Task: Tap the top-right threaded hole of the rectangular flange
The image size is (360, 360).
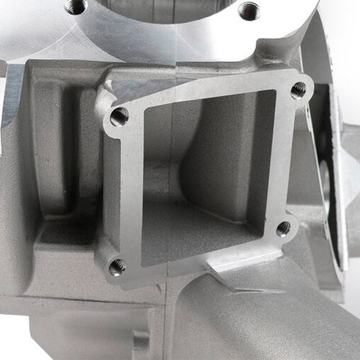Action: click(x=298, y=89)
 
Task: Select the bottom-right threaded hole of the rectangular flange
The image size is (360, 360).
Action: click(x=283, y=228)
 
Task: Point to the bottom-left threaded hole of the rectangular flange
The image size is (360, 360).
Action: click(x=117, y=266)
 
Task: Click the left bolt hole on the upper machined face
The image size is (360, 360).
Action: click(x=75, y=6)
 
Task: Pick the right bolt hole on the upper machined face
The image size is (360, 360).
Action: click(x=248, y=10)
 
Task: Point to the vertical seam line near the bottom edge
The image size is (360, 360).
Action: click(x=167, y=332)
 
